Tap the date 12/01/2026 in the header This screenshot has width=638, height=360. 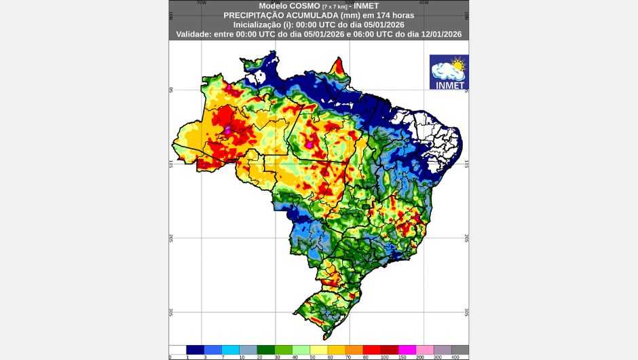(438, 33)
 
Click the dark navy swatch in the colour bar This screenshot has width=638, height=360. (195, 349)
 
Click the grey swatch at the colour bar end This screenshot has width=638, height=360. (460, 349)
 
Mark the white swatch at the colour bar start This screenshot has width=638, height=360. (178, 349)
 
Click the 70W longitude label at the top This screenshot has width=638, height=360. (201, 2)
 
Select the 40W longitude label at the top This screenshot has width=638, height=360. (424, 2)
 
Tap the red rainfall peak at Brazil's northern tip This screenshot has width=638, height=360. (338, 66)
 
